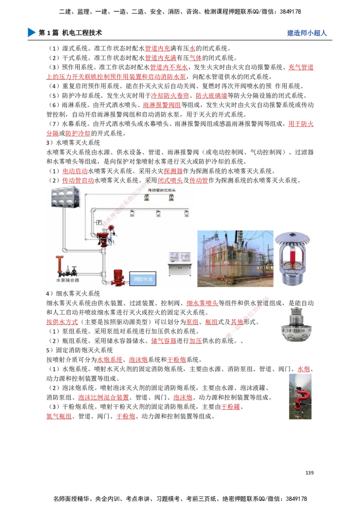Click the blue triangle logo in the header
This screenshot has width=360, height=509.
31,32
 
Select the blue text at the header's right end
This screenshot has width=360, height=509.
306,33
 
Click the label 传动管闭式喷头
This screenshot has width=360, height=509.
161,191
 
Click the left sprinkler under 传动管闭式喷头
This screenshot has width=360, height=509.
146,199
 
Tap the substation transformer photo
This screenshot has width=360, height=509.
235,259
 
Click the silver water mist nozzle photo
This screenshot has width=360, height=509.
295,326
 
